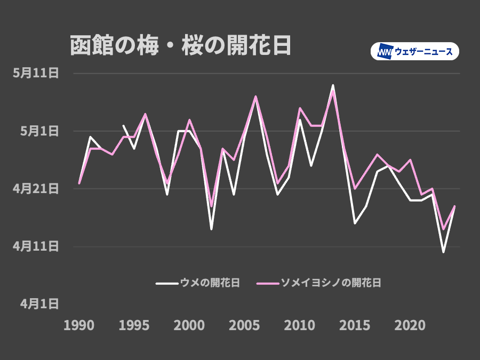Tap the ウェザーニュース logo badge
tap(414, 51)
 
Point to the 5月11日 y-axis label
tap(36, 73)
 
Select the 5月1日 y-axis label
tap(39, 131)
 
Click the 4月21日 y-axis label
tap(36, 188)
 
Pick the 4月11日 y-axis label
tap(36, 246)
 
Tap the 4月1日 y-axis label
tap(39, 303)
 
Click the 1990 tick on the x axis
tap(79, 325)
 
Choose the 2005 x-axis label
tap(244, 325)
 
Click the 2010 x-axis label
tap(300, 325)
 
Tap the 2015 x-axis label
tap(355, 325)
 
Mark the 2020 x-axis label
tap(410, 325)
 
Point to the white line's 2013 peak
tap(333, 85)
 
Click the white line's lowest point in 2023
tap(443, 252)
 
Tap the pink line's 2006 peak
tap(255, 97)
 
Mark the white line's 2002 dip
tap(211, 229)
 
